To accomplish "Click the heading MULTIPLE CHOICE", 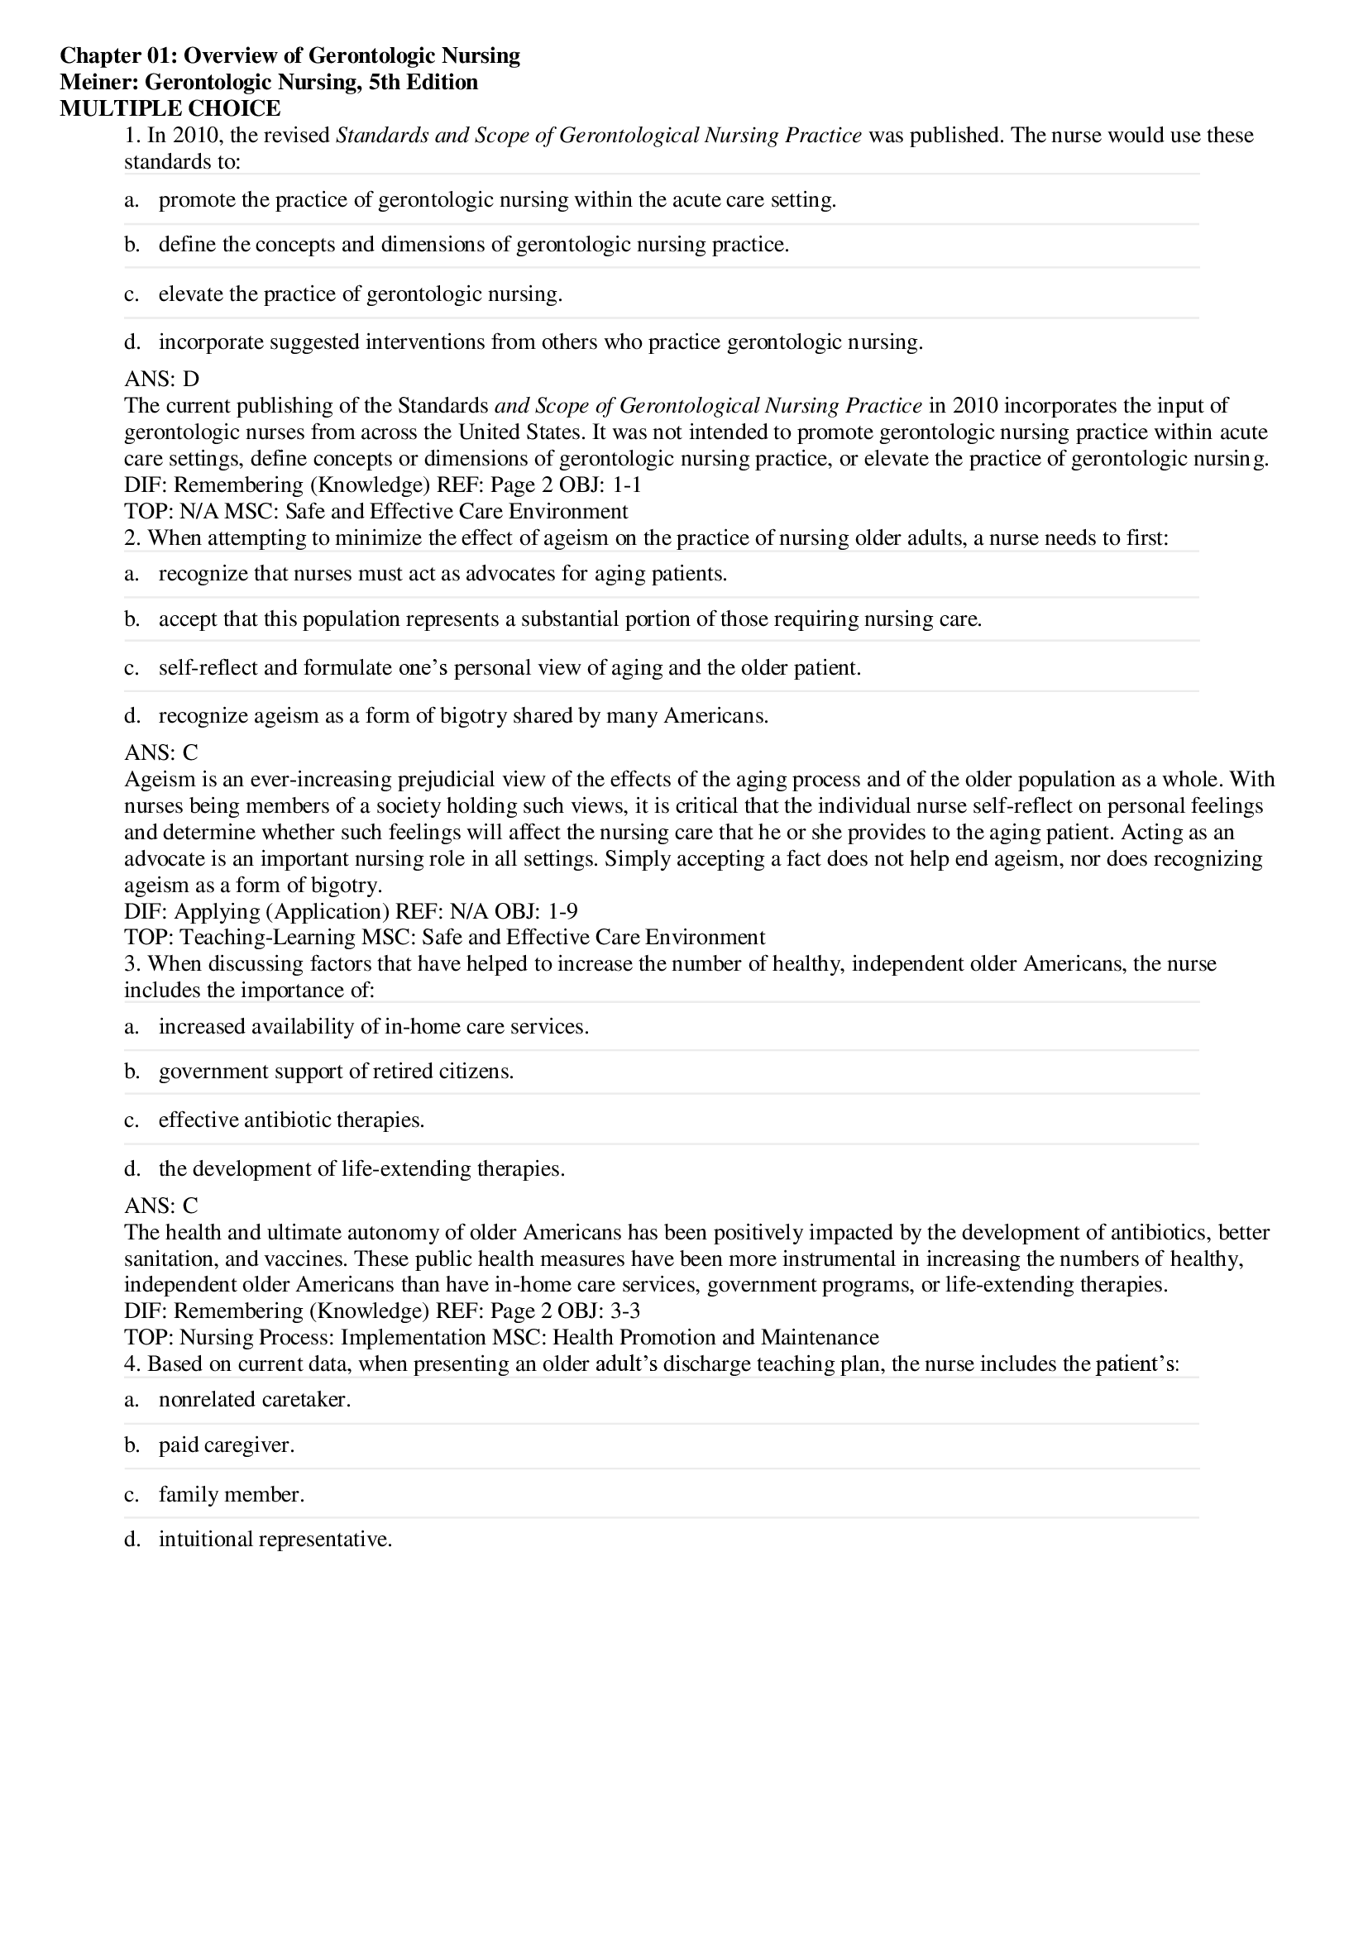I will [x=170, y=108].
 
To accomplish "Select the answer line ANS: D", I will [x=162, y=379].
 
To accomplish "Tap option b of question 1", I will [x=473, y=245].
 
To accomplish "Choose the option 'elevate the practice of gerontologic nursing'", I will [x=360, y=294].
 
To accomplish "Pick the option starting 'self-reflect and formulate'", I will [x=509, y=668].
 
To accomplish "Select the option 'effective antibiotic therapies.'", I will [x=291, y=1120].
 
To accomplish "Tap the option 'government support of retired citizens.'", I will [x=336, y=1072].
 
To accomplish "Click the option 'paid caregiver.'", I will [x=227, y=1445].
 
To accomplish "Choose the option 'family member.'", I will [x=232, y=1494].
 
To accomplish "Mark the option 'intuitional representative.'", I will [x=275, y=1540].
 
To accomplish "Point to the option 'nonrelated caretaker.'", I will [x=255, y=1399].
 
